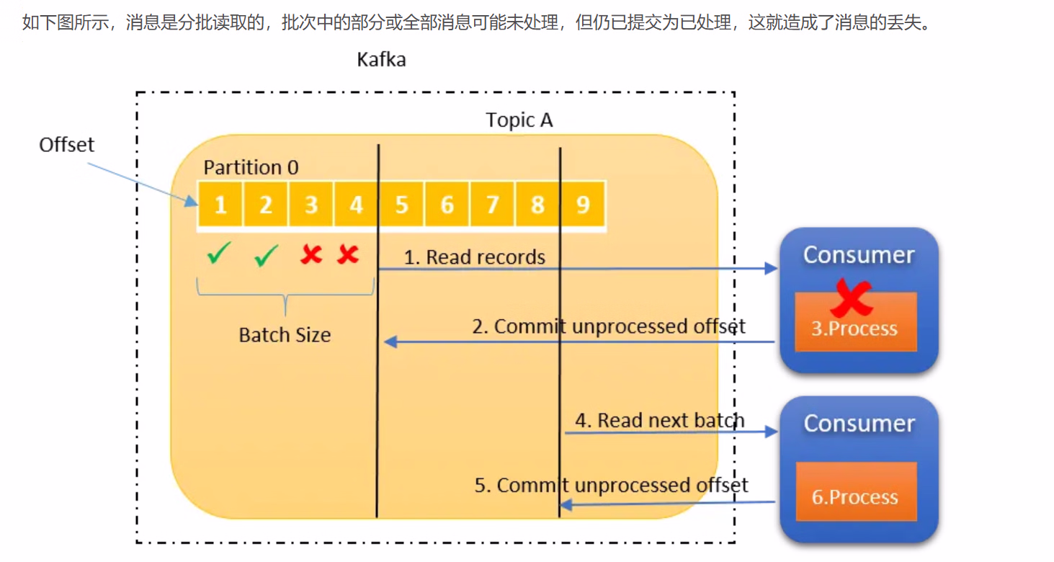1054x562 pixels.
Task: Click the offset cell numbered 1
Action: click(220, 205)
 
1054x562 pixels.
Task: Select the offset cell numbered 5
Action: click(401, 205)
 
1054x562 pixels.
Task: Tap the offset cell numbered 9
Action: click(583, 205)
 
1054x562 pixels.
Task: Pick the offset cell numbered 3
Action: click(311, 205)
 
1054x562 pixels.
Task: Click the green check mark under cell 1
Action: click(218, 254)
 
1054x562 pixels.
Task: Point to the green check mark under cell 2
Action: click(266, 255)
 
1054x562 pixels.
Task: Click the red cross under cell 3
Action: click(311, 254)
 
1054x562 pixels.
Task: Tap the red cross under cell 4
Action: click(348, 254)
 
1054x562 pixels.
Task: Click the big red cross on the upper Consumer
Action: click(851, 298)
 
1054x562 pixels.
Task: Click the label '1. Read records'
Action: click(474, 257)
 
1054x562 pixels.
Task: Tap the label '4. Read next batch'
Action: click(659, 420)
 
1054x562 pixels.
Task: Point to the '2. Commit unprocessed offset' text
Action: click(609, 326)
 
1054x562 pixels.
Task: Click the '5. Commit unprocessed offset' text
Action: click(611, 485)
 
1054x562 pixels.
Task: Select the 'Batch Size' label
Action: click(285, 335)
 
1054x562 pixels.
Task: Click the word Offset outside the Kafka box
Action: click(66, 145)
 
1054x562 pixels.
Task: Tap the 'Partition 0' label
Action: click(251, 167)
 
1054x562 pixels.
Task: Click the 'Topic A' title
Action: click(519, 120)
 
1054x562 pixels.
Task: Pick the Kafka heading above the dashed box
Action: click(381, 59)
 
